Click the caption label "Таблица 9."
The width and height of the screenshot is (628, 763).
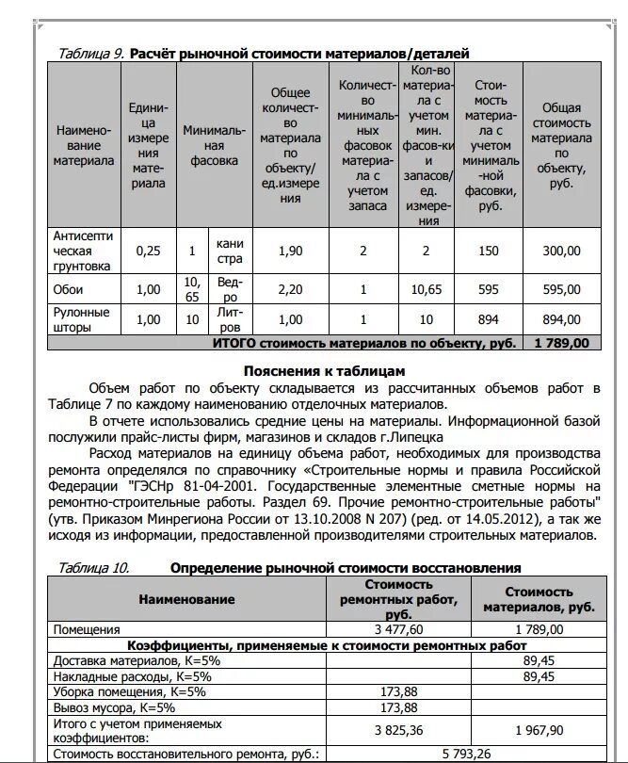[90, 54]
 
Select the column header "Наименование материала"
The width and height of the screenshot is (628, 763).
[85, 146]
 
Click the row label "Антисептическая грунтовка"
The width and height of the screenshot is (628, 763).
[85, 252]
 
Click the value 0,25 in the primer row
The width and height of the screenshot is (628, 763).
[149, 252]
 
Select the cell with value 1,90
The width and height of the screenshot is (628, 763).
[291, 252]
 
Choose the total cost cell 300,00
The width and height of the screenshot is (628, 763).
[562, 252]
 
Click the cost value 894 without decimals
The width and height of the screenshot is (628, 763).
[488, 319]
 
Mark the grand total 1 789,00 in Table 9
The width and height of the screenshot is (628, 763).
[562, 343]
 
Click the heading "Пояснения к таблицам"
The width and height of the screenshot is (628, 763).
[324, 371]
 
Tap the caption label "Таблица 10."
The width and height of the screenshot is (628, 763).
[93, 568]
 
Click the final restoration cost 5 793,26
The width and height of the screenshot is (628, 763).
[470, 754]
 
